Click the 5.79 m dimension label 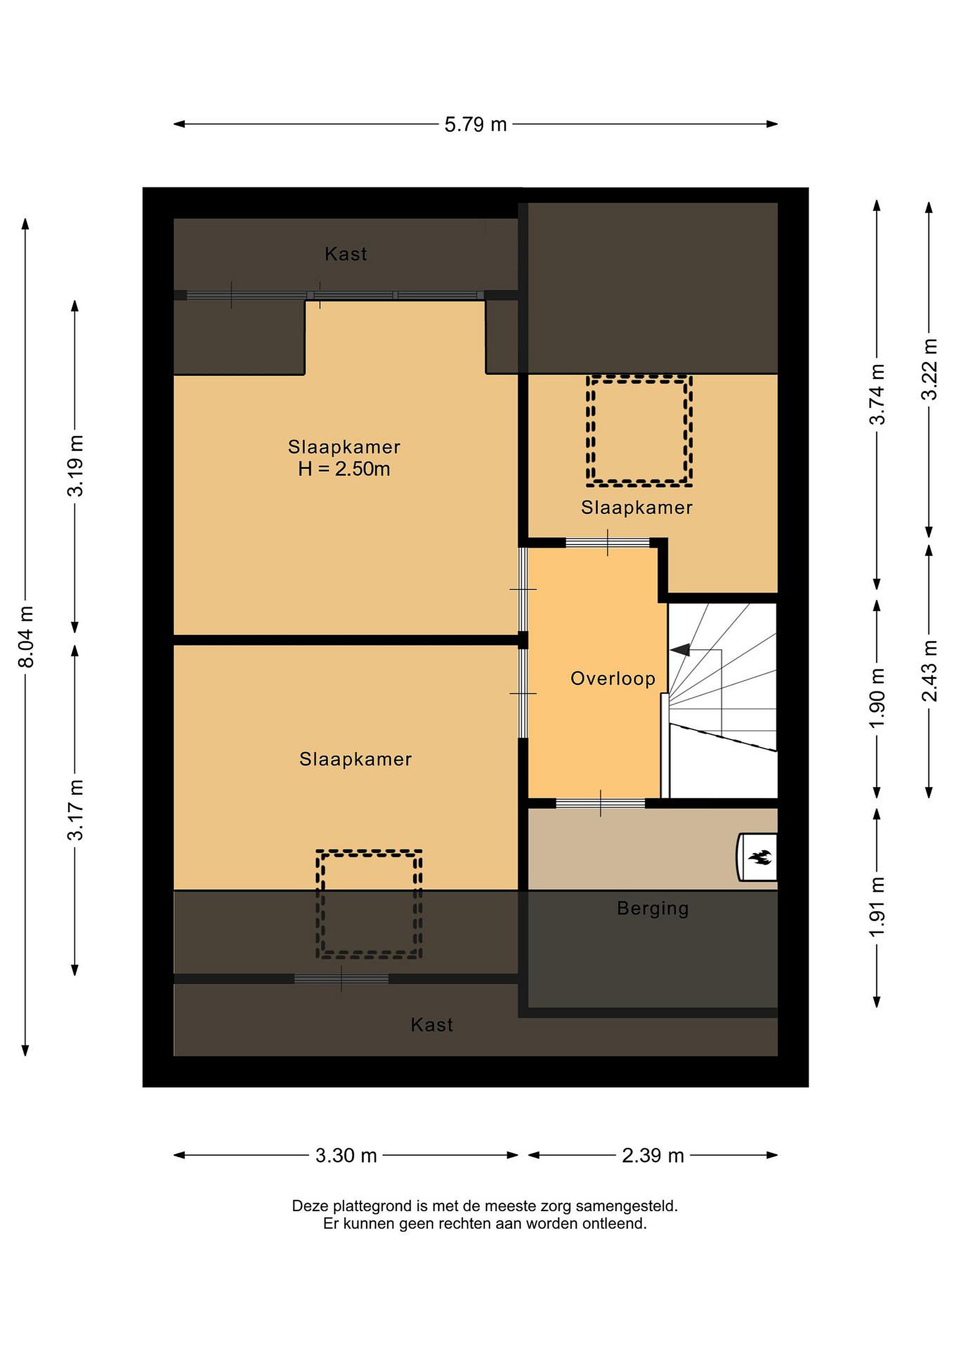click(475, 125)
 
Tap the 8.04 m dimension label click(26, 637)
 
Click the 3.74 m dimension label click(877, 395)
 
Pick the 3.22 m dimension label click(929, 369)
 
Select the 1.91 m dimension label click(877, 907)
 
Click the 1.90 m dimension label click(877, 698)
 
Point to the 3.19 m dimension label click(75, 466)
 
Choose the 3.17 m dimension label click(75, 810)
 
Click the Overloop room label click(613, 679)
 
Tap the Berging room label click(653, 909)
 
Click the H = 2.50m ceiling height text click(344, 469)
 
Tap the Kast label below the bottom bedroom click(432, 1025)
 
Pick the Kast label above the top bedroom click(346, 254)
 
